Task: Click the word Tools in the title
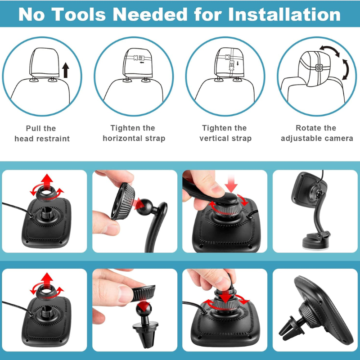[79, 14]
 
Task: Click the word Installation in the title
[284, 14]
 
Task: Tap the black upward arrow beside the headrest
[66, 70]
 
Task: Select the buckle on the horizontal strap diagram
[139, 58]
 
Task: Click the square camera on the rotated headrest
[319, 68]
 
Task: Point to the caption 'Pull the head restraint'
[42, 133]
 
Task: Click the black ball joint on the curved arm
[144, 207]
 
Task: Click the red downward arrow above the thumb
[231, 183]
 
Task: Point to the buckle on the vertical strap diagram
[231, 66]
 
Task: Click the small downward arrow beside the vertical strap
[238, 63]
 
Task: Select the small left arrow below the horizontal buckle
[142, 62]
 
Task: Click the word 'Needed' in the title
[150, 14]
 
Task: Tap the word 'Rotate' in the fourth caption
[306, 128]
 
